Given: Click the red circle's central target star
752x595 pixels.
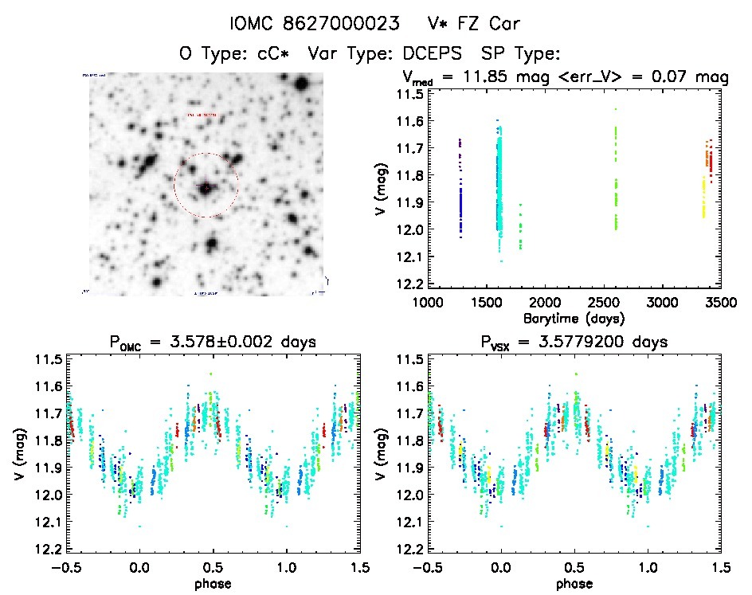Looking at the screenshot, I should (206, 188).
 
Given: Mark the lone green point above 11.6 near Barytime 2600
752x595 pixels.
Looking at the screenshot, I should (616, 109).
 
